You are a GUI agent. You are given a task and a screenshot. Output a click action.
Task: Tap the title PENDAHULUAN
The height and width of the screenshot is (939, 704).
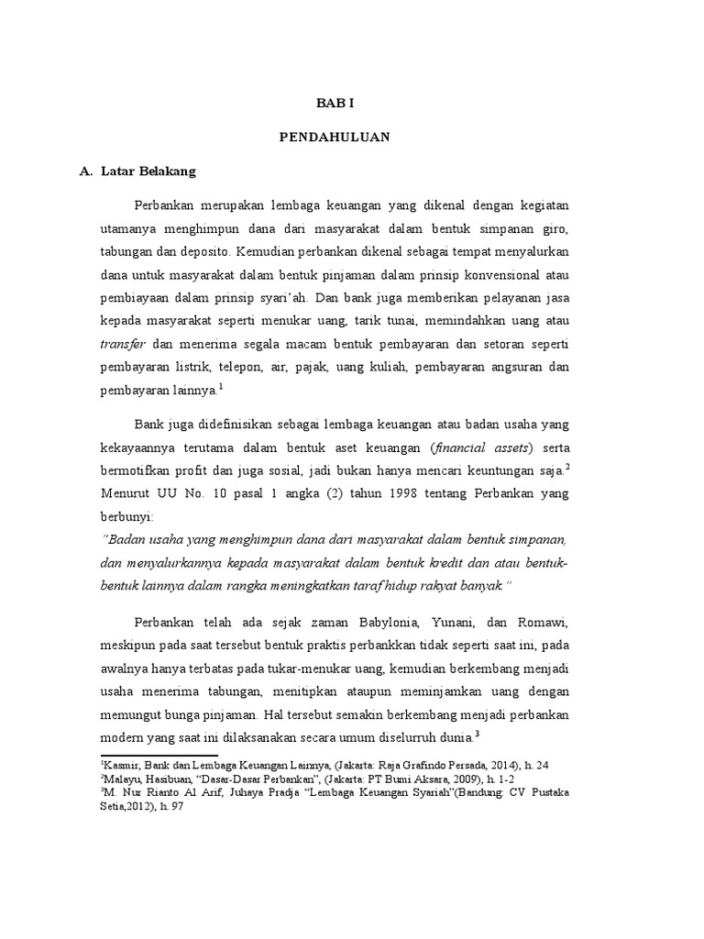(335, 138)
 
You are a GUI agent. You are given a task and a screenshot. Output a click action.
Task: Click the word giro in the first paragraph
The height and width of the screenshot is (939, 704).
(555, 226)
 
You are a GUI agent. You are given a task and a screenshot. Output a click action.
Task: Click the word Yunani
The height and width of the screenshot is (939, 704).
(446, 624)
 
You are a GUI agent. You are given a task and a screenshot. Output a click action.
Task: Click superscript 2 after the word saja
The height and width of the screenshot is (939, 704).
(568, 467)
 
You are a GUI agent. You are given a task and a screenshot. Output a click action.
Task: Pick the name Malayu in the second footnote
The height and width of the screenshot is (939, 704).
(120, 779)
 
